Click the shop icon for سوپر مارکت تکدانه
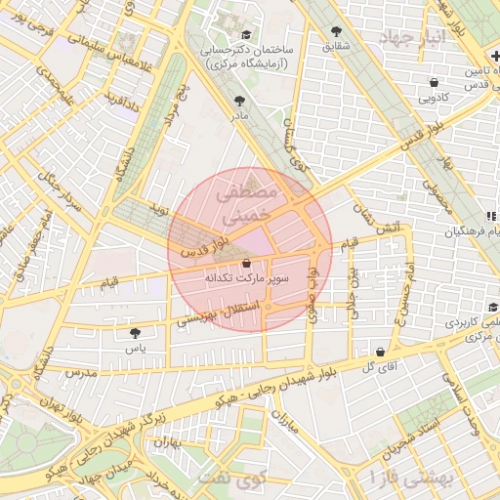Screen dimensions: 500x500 tap(245, 263)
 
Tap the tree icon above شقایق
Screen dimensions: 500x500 tap(337, 31)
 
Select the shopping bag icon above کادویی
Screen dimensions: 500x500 tap(434, 82)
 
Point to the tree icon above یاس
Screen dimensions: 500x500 tap(135, 334)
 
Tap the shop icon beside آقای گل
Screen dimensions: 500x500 tap(379, 352)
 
